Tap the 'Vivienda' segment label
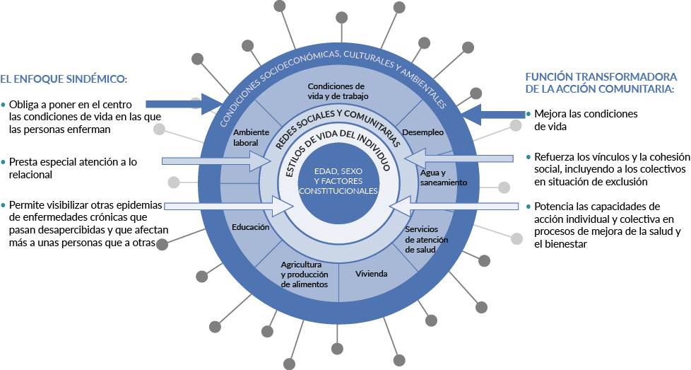pyautogui.click(x=371, y=273)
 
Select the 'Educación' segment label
pyautogui.click(x=250, y=228)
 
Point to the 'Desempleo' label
pyautogui.click(x=423, y=132)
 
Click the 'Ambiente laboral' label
pyautogui.click(x=247, y=137)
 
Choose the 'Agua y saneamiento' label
pyautogui.click(x=443, y=178)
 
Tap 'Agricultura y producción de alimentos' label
pyautogui.click(x=304, y=274)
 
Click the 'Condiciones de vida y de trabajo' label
pyautogui.click(x=336, y=91)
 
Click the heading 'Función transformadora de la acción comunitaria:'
pyautogui.click(x=601, y=83)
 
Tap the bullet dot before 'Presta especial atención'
pyautogui.click(x=4, y=162)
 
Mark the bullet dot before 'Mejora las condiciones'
pyautogui.click(x=528, y=114)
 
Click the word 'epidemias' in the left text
pyautogui.click(x=136, y=205)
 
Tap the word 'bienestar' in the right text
pyautogui.click(x=565, y=243)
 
